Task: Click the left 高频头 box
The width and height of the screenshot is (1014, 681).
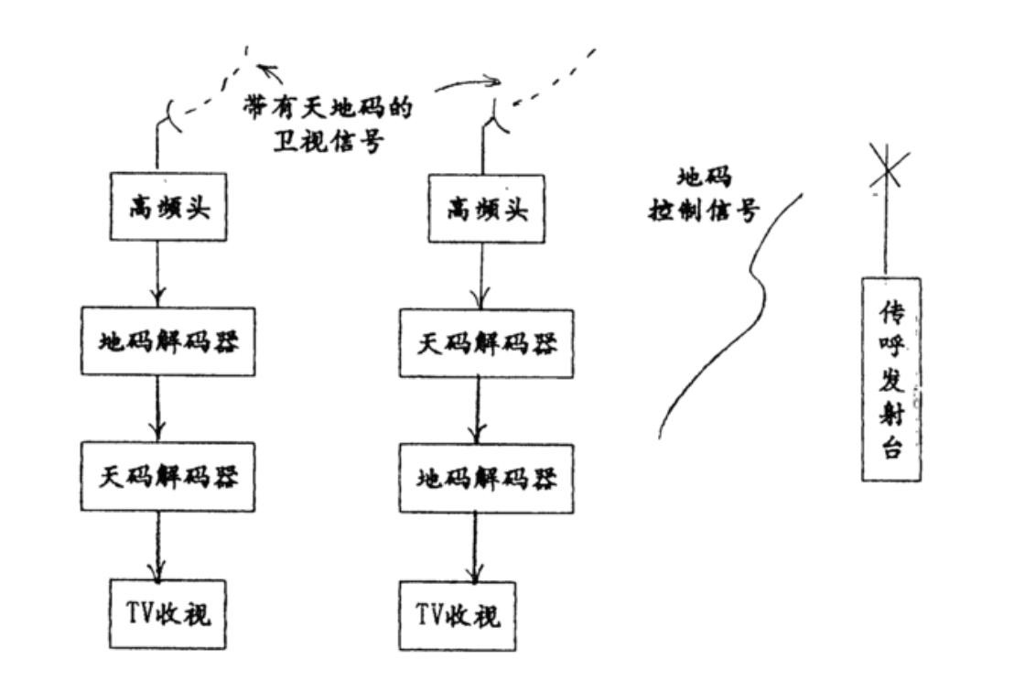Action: click(168, 208)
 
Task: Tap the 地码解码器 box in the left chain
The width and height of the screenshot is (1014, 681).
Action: click(165, 342)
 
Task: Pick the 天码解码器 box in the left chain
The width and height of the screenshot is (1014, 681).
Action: click(165, 477)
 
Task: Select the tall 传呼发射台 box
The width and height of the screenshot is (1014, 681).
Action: click(890, 378)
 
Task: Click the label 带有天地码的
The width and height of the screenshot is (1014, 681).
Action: click(326, 108)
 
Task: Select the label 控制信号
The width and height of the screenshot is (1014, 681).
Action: click(705, 211)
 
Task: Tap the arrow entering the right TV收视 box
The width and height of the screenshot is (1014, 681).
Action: click(475, 547)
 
